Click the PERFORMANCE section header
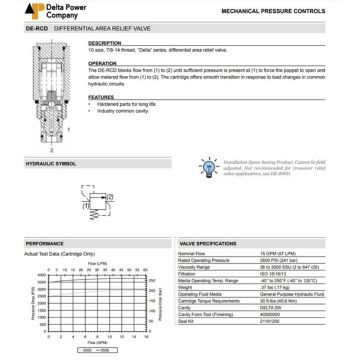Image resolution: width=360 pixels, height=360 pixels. pos(31,216)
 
